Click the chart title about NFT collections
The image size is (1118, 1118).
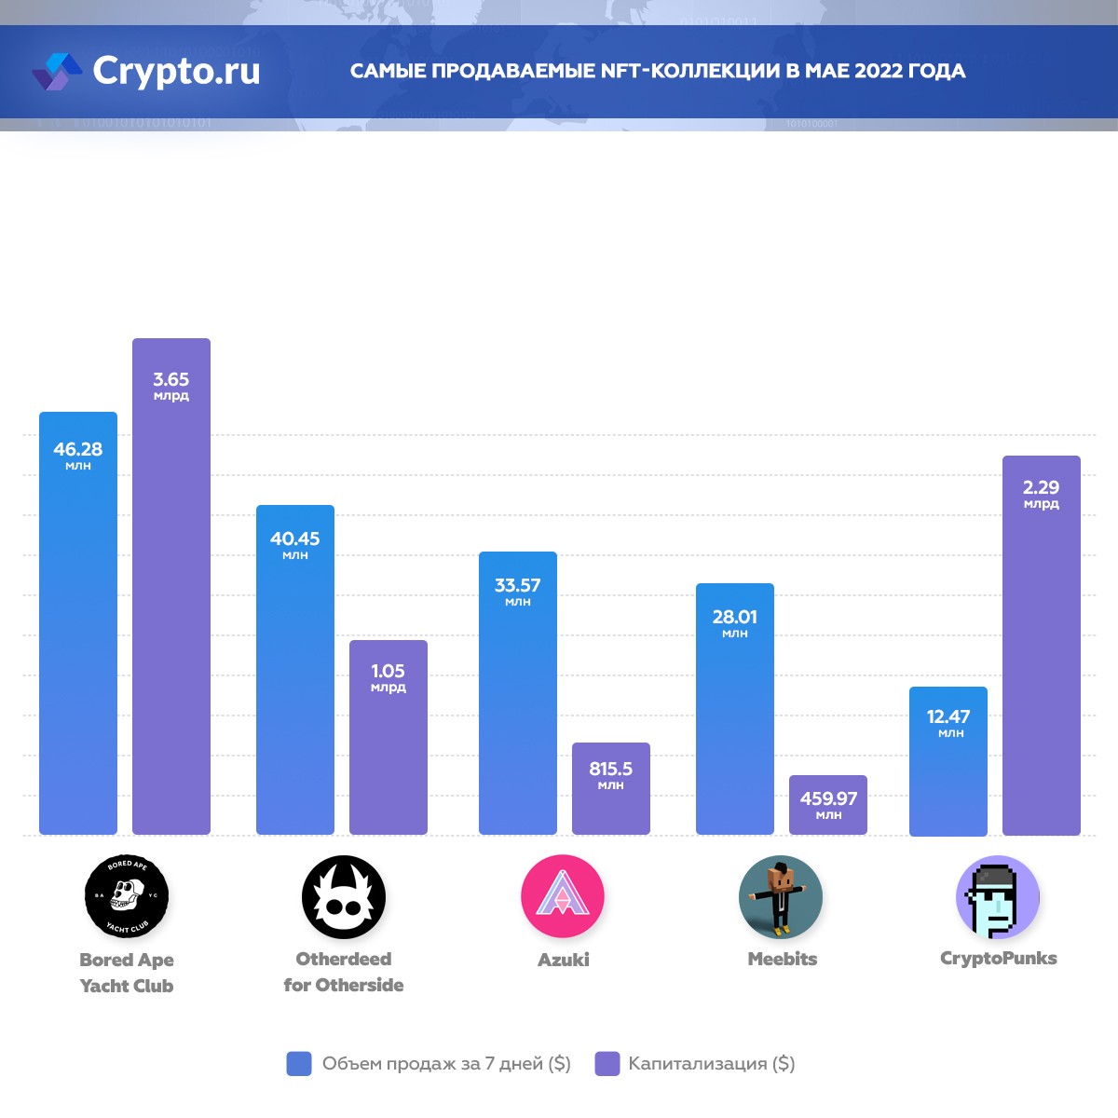pos(658,72)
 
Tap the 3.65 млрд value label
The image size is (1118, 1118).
pos(171,386)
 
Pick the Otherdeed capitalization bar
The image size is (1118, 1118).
pos(389,745)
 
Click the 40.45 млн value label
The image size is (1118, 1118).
pos(295,544)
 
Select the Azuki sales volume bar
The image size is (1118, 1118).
pos(518,708)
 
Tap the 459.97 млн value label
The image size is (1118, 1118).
pos(828,804)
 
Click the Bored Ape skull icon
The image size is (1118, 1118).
pos(127,896)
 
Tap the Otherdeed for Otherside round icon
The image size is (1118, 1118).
pos(344,896)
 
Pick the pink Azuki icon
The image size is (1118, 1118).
pos(563,896)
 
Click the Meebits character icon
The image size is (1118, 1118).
pos(781,896)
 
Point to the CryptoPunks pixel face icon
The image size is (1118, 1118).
pos(998,896)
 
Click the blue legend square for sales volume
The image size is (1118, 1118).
pos(299,1064)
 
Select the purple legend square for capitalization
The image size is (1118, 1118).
pos(607,1064)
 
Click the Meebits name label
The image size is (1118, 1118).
pos(783,959)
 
